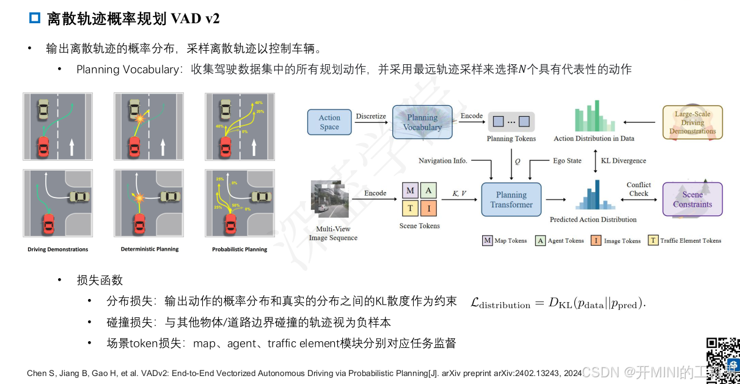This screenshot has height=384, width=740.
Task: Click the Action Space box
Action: [329, 122]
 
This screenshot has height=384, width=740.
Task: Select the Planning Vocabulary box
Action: [422, 122]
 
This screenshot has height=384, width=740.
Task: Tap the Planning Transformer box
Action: [511, 199]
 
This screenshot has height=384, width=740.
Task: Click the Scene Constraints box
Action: [692, 199]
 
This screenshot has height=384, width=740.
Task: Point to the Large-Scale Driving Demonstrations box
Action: [692, 122]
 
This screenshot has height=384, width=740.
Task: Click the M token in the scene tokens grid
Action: [410, 191]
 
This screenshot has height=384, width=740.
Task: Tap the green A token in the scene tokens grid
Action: [428, 191]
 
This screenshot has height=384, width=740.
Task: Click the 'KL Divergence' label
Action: [623, 161]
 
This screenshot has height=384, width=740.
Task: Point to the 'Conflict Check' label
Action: [639, 189]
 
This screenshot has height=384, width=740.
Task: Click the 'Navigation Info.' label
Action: [443, 161]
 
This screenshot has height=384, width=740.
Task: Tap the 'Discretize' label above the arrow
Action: [371, 116]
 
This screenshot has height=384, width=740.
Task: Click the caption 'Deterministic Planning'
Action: [150, 249]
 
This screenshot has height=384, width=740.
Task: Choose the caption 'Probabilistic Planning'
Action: [240, 249]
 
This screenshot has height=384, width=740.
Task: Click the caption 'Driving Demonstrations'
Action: [57, 249]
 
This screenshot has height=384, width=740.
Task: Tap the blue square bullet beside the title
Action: [35, 18]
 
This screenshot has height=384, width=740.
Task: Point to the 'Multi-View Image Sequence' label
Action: [333, 234]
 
